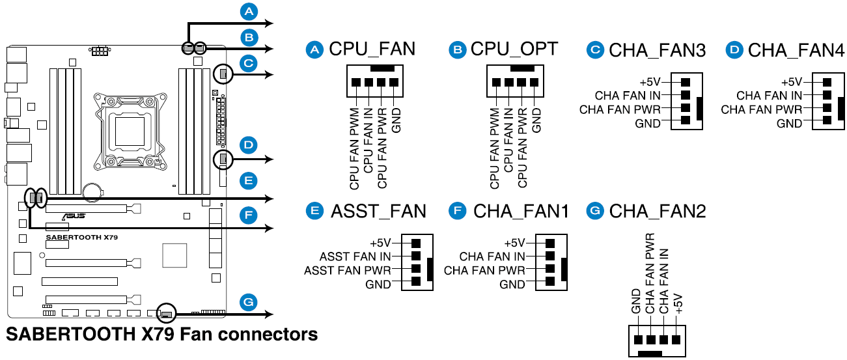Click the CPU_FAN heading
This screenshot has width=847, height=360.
(372, 49)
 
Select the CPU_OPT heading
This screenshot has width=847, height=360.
(514, 49)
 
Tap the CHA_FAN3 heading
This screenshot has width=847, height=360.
(657, 50)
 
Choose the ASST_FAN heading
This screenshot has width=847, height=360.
(378, 211)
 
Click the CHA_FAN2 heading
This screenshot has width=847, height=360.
(657, 211)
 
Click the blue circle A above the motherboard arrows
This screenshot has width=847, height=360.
(248, 11)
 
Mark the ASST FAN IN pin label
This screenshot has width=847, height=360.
(354, 256)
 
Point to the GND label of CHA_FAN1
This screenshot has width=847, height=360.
(512, 284)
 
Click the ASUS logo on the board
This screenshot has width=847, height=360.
(73, 215)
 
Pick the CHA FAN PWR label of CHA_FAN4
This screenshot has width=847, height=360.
(761, 110)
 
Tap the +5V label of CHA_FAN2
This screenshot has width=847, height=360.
(678, 304)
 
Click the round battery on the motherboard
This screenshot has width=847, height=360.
(92, 189)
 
